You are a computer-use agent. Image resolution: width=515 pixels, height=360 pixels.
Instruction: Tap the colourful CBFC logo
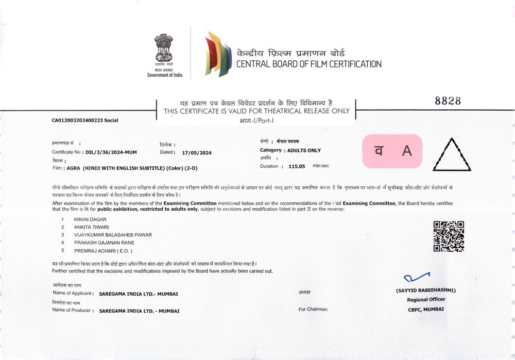[217, 54]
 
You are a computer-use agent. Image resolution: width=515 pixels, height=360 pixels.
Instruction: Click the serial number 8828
[448, 101]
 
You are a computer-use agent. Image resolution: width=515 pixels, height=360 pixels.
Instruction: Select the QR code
[448, 236]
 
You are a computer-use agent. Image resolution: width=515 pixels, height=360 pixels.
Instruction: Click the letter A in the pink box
[407, 151]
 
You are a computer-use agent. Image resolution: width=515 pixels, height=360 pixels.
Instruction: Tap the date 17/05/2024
[197, 152]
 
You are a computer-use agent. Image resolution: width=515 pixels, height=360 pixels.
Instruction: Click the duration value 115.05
[297, 166]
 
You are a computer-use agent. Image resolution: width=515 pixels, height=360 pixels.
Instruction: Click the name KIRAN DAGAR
[90, 219]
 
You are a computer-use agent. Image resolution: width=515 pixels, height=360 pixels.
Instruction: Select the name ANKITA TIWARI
[92, 227]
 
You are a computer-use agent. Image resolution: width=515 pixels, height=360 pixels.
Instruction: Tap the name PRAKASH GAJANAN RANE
[105, 243]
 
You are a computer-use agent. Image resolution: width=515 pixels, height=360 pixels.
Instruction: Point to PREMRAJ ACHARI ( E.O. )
[103, 250]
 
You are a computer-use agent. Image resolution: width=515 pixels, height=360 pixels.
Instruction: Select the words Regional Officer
[426, 299]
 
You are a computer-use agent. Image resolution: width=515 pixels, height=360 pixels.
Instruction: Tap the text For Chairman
[313, 309]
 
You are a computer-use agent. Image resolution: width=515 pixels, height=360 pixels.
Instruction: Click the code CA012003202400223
[77, 121]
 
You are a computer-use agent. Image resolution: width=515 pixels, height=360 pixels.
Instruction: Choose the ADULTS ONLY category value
[304, 150]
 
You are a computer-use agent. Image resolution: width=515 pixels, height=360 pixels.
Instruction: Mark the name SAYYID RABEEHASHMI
[426, 290]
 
